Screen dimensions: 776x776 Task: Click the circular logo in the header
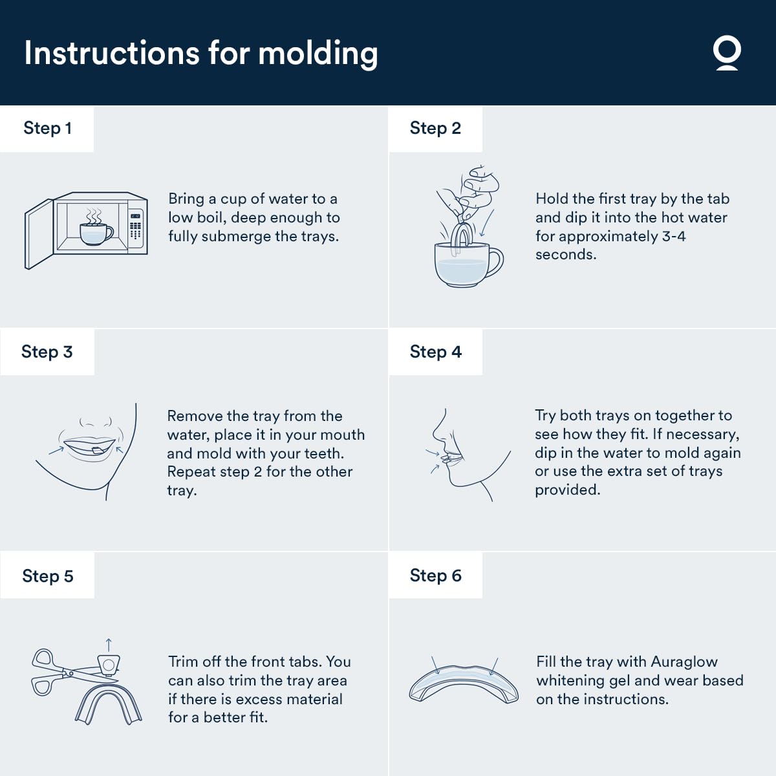click(x=727, y=54)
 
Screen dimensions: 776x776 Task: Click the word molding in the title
click(x=318, y=54)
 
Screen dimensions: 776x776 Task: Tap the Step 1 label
click(x=47, y=128)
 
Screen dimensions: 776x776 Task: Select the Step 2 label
click(x=435, y=128)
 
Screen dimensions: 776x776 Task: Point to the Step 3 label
click(x=47, y=352)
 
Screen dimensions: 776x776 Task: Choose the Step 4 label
click(x=436, y=352)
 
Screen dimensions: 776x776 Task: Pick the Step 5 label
click(x=48, y=576)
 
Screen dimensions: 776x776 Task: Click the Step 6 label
click(x=436, y=576)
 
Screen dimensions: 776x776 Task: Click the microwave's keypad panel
click(x=136, y=228)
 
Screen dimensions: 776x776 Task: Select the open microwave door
click(x=39, y=234)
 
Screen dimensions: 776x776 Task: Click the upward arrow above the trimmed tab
click(x=109, y=645)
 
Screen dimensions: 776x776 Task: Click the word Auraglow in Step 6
click(x=684, y=662)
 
